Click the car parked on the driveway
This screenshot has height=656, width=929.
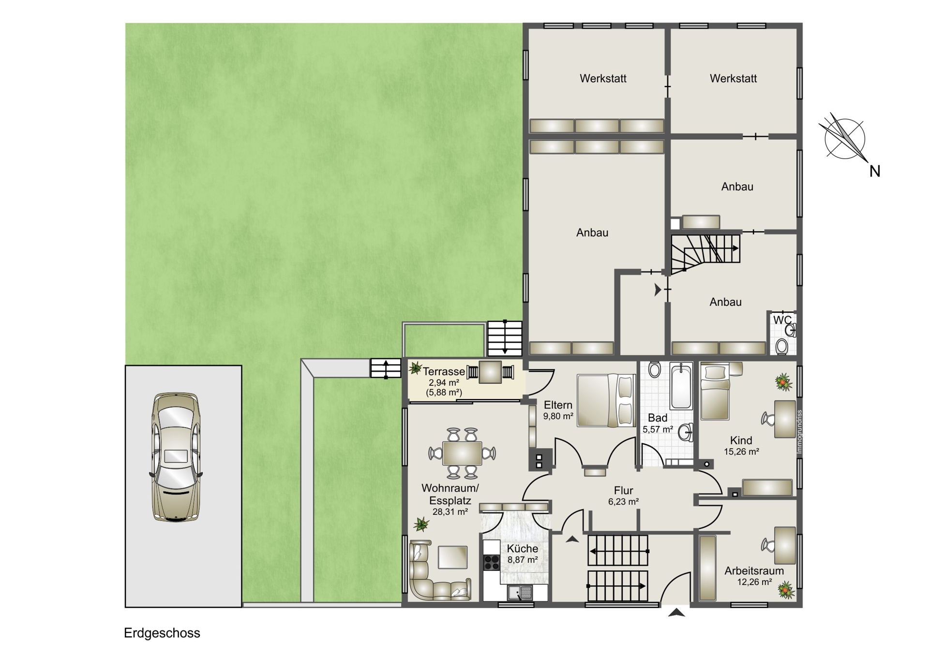point(176,457)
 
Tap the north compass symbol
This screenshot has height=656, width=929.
point(845,140)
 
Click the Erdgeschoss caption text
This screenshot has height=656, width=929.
point(162,633)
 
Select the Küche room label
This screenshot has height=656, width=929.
point(523,549)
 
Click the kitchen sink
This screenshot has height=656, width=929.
point(520,592)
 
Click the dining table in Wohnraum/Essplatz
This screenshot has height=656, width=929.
point(462,453)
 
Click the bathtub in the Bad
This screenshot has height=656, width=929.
point(681,387)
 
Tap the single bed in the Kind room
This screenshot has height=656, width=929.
point(715,392)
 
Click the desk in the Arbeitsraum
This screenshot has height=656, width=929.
point(785,545)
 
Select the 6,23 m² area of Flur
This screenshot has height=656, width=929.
point(623,502)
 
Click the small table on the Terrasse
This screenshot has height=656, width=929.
point(490,372)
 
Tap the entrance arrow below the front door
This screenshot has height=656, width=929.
point(676,613)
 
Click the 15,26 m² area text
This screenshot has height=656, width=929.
point(741,452)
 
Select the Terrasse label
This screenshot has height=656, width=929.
point(444,372)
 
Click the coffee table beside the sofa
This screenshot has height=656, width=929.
point(452,557)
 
